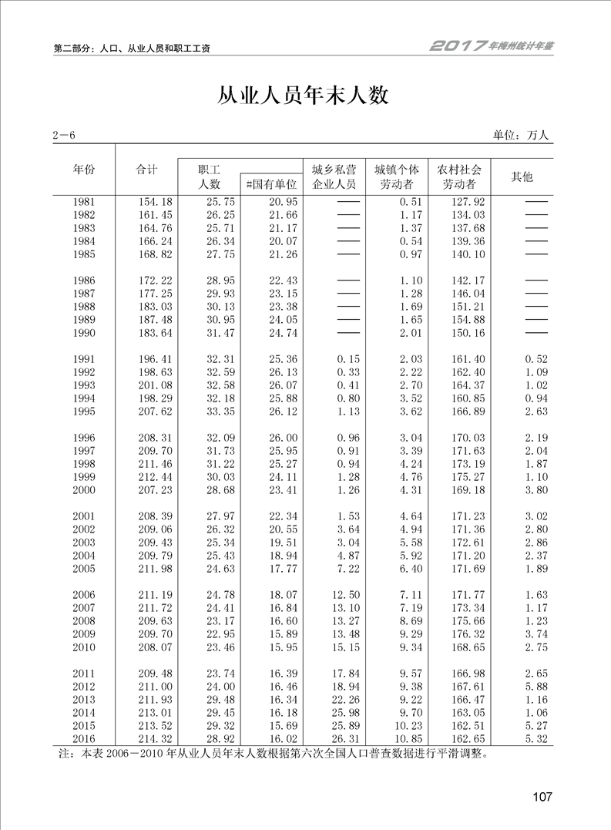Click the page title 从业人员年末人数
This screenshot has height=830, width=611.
point(304,95)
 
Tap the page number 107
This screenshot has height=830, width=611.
point(542,797)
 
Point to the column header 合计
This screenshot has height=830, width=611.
point(146,170)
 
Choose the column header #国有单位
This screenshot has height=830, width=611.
point(270,184)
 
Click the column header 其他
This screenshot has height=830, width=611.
point(522,176)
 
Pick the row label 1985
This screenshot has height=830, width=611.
point(84,254)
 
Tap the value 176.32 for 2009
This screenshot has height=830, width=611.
point(467,633)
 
